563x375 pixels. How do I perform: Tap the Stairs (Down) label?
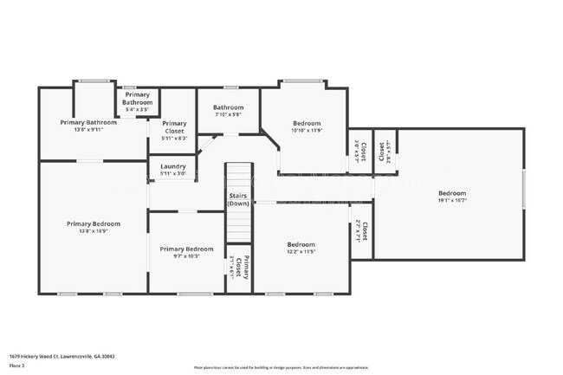(x=239, y=199)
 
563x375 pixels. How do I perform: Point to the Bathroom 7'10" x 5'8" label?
(x=228, y=111)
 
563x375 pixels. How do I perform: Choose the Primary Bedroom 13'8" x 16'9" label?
(x=94, y=227)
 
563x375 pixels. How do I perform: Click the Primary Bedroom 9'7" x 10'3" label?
(x=186, y=252)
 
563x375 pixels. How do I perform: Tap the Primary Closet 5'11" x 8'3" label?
(x=174, y=130)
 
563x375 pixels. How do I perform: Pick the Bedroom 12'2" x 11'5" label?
(x=301, y=249)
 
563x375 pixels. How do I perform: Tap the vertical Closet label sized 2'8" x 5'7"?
(x=385, y=151)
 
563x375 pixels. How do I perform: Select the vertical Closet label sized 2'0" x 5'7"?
(x=359, y=151)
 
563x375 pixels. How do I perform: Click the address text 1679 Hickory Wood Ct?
(x=61, y=356)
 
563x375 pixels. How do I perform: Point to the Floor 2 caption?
(x=16, y=366)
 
